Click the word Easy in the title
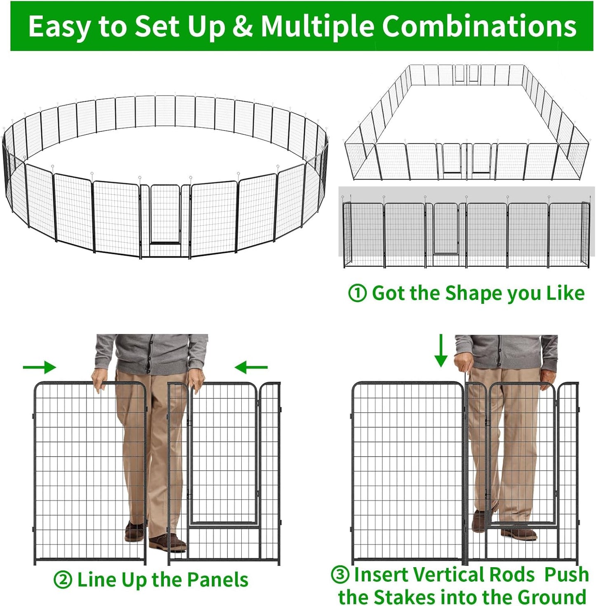(x=61, y=26)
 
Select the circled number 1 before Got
(x=357, y=294)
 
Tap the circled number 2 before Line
(x=62, y=580)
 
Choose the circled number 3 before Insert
(x=340, y=574)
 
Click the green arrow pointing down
(x=441, y=350)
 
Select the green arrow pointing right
(x=40, y=367)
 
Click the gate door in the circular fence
(x=165, y=215)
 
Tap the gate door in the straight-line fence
(x=446, y=229)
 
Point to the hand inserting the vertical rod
(x=464, y=362)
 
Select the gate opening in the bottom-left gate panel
(x=223, y=454)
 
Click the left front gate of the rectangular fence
(x=452, y=159)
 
